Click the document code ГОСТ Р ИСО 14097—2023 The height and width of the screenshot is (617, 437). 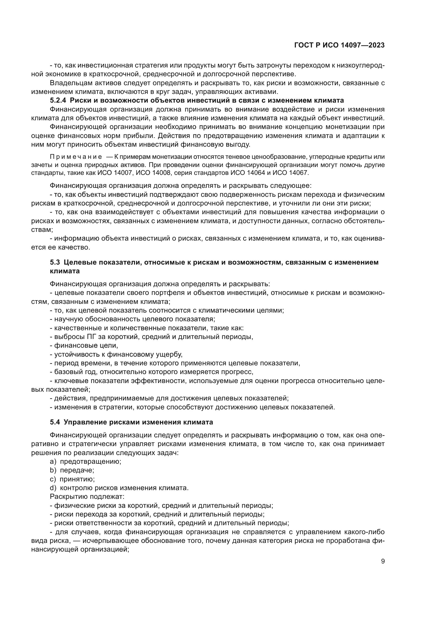[339, 45]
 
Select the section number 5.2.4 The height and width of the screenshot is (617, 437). [58, 101]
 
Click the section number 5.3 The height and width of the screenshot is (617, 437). [55, 262]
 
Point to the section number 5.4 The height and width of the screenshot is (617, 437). [55, 422]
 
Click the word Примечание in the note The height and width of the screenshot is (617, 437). [76, 157]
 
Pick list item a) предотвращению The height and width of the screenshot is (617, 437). [86, 462]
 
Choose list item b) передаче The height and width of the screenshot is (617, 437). [72, 471]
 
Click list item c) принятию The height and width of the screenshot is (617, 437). [72, 479]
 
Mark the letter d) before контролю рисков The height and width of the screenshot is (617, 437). [53, 488]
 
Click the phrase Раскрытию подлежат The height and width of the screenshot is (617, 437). [87, 497]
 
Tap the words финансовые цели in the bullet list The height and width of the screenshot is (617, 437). [86, 346]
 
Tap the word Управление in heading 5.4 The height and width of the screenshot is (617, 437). [82, 422]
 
